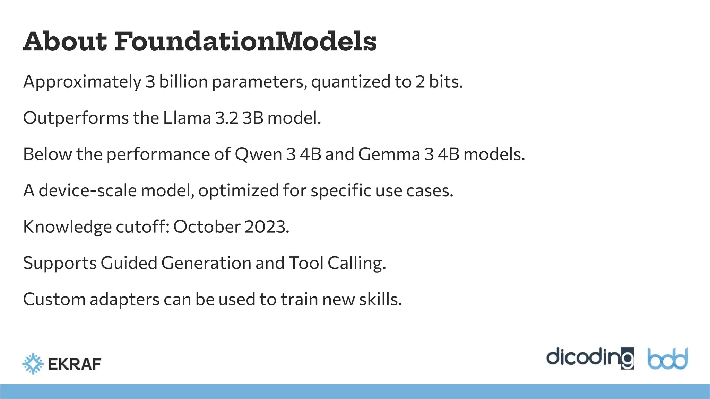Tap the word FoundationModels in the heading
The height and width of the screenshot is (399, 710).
[245, 42]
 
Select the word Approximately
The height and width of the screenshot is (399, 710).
[82, 82]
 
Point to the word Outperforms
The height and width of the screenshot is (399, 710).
[76, 118]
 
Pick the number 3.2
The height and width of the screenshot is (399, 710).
[226, 118]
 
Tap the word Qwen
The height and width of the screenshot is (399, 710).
[258, 154]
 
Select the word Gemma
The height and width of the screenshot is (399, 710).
[389, 154]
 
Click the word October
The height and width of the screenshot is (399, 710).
[207, 227]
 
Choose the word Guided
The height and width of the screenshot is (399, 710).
[129, 263]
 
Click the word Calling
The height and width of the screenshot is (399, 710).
[356, 263]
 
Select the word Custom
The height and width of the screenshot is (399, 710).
[54, 299]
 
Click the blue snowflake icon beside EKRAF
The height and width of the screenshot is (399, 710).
[33, 364]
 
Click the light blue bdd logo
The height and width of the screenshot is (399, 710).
[667, 359]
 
